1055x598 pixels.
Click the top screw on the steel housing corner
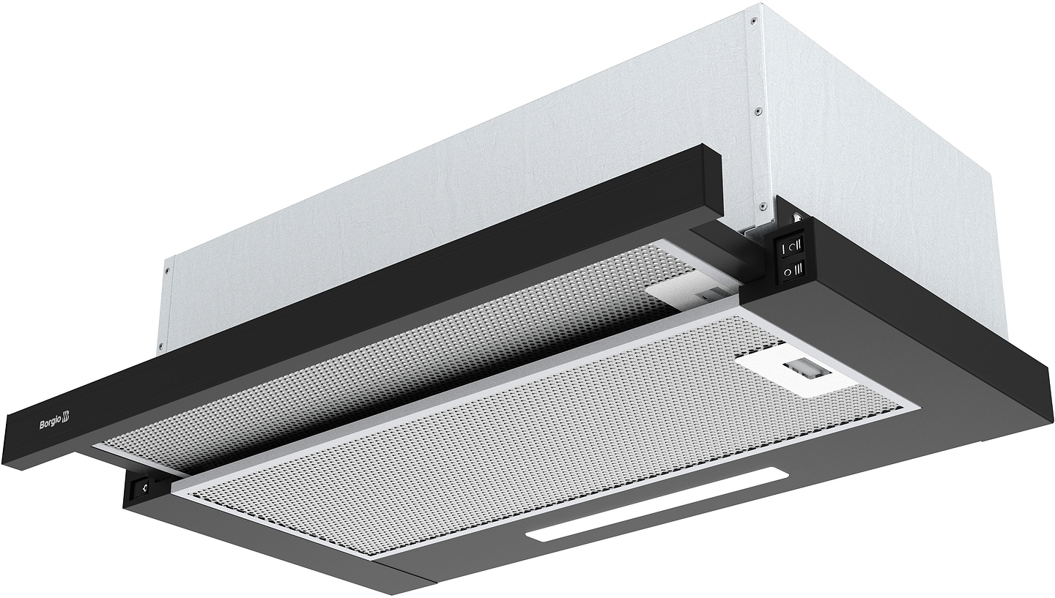point(755,20)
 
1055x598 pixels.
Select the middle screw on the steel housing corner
point(758,111)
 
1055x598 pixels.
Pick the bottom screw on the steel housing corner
point(761,206)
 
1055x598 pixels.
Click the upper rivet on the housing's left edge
point(167,271)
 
